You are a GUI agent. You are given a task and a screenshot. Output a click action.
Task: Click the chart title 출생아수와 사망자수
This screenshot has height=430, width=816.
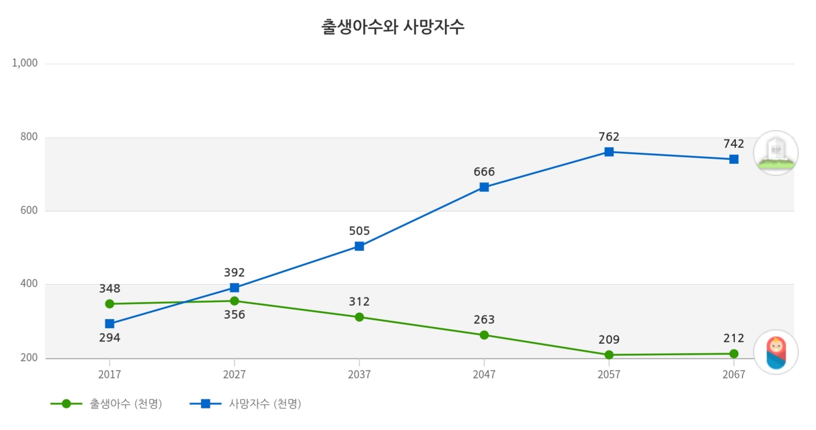393,27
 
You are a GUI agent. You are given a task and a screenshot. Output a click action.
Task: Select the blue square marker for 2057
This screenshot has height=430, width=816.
609,152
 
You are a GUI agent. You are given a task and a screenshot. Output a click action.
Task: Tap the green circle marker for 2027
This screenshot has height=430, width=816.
234,301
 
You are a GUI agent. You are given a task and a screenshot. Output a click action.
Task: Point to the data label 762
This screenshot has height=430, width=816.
609,137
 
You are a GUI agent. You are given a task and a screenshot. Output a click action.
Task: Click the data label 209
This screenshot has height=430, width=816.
609,340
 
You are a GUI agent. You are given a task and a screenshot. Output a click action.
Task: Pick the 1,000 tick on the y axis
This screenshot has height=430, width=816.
25,63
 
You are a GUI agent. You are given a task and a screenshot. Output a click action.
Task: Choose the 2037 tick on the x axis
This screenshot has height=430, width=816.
359,374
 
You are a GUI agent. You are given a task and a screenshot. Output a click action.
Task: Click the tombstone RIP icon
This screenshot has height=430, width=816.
776,153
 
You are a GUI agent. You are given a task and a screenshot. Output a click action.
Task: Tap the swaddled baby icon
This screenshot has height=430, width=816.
776,352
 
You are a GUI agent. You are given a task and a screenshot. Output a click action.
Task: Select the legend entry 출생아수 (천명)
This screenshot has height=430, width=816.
125,404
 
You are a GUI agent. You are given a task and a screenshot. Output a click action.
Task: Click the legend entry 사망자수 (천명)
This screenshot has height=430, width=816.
264,404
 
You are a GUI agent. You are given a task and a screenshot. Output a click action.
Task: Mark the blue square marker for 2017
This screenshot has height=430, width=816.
110,324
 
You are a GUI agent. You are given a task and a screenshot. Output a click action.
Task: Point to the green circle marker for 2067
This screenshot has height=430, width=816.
734,354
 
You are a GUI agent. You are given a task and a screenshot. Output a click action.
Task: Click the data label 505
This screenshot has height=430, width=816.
359,231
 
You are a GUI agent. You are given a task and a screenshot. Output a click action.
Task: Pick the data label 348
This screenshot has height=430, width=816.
110,289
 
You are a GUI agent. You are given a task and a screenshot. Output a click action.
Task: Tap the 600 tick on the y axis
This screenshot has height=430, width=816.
29,210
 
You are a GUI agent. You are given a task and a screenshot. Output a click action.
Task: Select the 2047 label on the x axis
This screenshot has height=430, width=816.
484,374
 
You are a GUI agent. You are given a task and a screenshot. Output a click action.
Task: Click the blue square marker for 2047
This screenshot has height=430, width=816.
484,187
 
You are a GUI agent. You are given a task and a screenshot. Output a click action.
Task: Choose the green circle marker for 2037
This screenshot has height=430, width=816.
359,317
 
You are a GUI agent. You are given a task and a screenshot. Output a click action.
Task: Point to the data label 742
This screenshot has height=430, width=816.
734,144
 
